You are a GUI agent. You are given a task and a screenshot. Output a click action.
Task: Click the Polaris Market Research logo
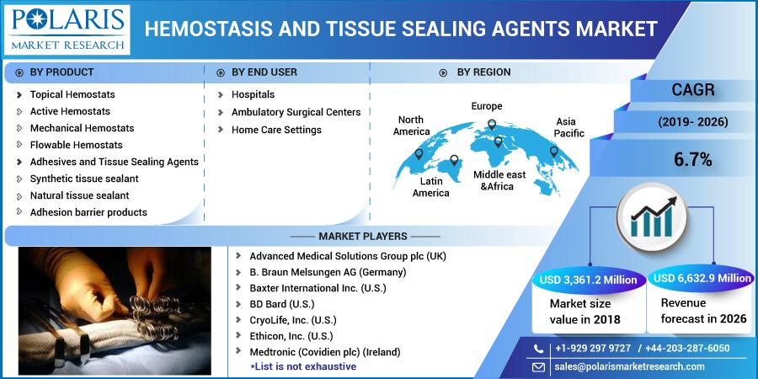point(67,29)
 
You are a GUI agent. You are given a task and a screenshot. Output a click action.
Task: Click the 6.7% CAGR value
point(693,160)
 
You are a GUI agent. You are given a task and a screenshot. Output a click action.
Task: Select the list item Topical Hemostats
point(72,94)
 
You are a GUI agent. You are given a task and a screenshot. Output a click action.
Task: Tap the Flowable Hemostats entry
point(77,145)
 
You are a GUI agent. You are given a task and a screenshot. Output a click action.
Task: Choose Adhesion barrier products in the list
point(88,212)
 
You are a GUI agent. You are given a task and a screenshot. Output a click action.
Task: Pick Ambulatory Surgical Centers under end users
point(296,112)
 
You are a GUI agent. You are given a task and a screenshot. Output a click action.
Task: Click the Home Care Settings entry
point(276,130)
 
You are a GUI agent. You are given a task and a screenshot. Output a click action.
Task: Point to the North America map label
point(411,125)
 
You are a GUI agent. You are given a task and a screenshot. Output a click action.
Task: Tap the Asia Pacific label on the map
point(569,127)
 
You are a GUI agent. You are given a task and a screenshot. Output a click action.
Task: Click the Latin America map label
point(431,187)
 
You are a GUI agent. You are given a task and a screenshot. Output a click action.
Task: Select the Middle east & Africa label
point(499,180)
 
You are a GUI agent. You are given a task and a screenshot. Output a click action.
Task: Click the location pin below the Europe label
point(492,125)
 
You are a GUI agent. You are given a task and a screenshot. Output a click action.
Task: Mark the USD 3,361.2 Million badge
point(589,280)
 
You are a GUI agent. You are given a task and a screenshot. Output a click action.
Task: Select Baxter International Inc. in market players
point(318,288)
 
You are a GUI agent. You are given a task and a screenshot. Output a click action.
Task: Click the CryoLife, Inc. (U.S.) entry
point(293,320)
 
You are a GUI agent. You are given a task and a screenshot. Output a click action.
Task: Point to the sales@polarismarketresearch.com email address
point(629,366)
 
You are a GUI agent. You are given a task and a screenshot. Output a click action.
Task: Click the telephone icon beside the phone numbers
point(538,349)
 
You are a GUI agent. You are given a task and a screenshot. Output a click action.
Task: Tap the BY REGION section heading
point(484,72)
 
